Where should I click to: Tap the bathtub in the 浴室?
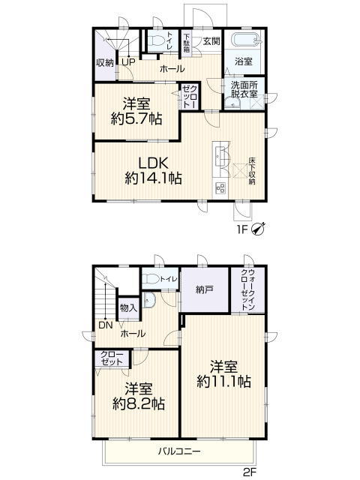click(246, 40)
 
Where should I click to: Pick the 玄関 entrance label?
click(211, 41)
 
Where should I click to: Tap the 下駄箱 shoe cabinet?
click(187, 43)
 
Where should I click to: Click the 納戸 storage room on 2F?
click(205, 289)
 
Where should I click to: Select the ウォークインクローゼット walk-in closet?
click(247, 289)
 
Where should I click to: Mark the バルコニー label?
click(179, 451)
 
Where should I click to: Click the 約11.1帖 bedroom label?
click(223, 374)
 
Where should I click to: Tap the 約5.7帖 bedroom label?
click(136, 111)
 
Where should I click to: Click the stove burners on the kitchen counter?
click(220, 188)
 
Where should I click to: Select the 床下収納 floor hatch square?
click(240, 171)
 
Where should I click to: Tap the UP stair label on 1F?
click(128, 62)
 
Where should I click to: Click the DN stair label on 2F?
click(105, 325)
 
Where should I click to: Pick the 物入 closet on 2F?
click(128, 308)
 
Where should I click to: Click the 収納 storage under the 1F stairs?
click(105, 63)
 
